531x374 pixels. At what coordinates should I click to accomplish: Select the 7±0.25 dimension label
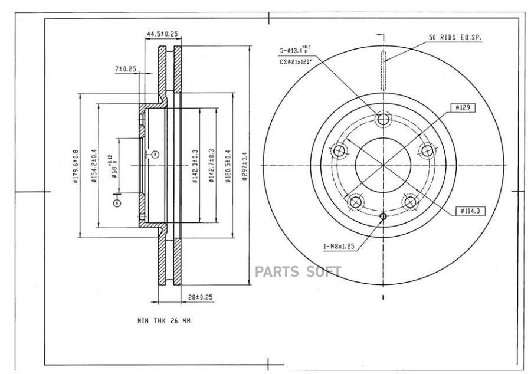(125, 69)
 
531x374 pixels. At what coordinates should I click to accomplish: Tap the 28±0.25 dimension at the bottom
(201, 297)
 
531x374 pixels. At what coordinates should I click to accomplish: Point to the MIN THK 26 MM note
(163, 321)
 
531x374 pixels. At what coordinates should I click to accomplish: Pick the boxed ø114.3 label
(470, 211)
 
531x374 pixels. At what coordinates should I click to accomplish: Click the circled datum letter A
(117, 202)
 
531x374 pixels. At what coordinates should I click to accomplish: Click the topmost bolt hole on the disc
(383, 120)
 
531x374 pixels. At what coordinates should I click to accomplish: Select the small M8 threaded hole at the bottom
(383, 216)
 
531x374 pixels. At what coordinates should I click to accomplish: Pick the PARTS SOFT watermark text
(298, 272)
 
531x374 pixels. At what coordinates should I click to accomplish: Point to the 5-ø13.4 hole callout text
(304, 51)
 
